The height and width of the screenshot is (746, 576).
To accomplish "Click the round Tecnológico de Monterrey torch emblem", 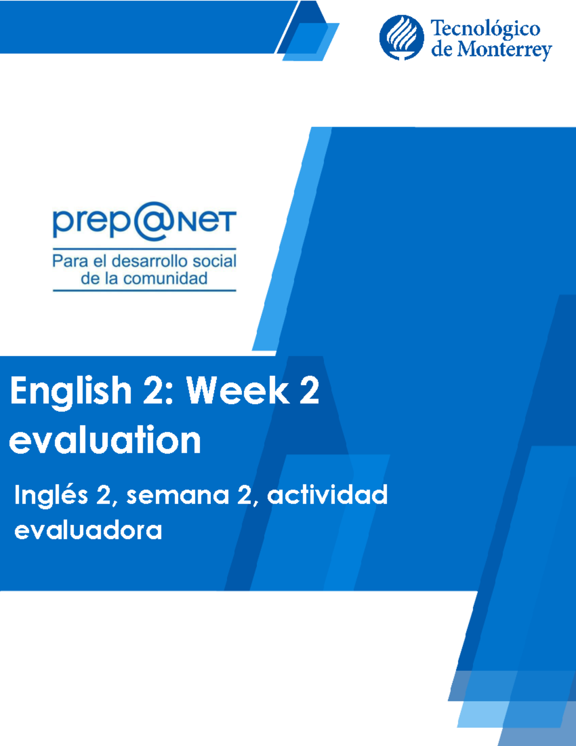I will (x=401, y=37).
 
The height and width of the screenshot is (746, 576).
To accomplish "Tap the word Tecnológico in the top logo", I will (x=485, y=29).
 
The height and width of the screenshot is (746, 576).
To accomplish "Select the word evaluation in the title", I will (x=105, y=440).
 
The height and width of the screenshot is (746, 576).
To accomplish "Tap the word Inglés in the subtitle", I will (x=51, y=495).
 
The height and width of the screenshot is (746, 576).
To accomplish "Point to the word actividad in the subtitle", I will (x=327, y=495).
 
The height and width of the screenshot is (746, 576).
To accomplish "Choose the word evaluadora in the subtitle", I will (x=88, y=531).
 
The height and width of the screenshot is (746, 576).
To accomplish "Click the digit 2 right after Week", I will (x=309, y=390).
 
